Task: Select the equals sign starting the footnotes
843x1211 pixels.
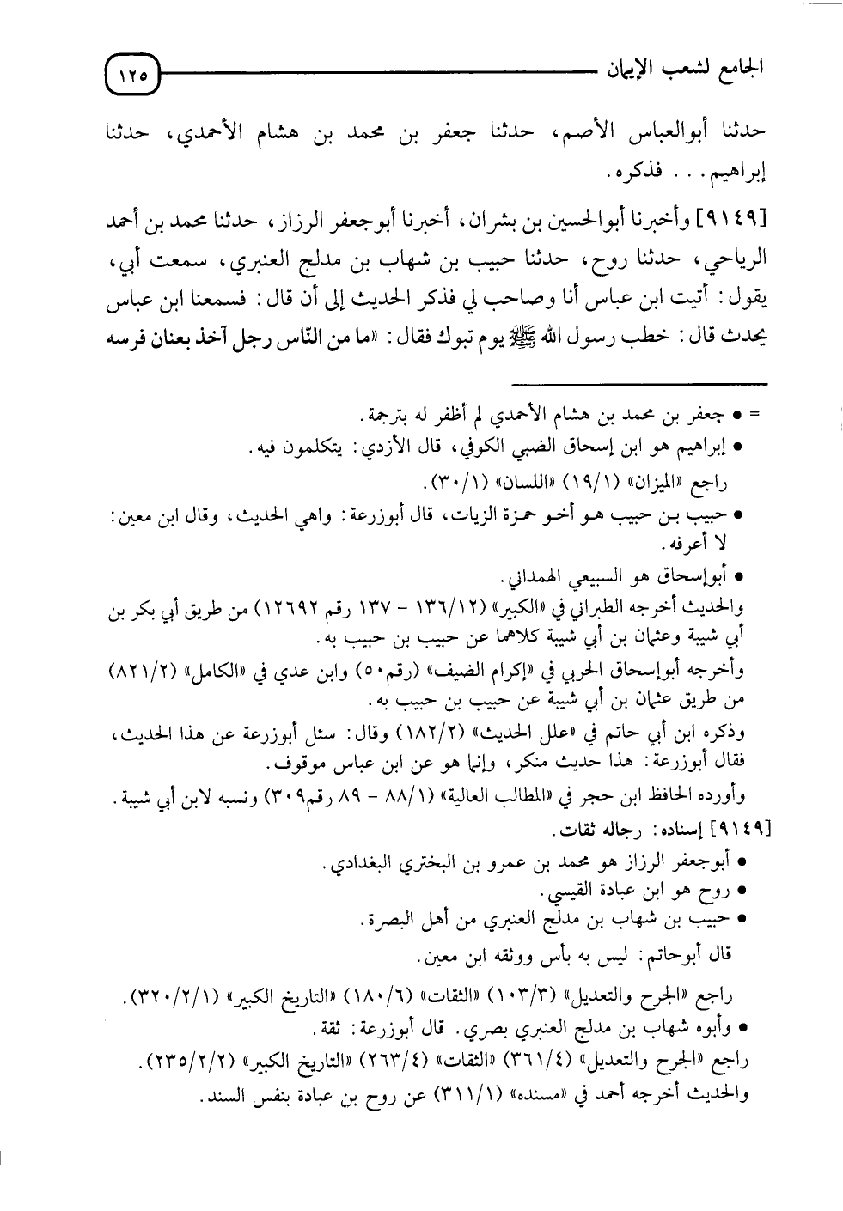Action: pos(755,416)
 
